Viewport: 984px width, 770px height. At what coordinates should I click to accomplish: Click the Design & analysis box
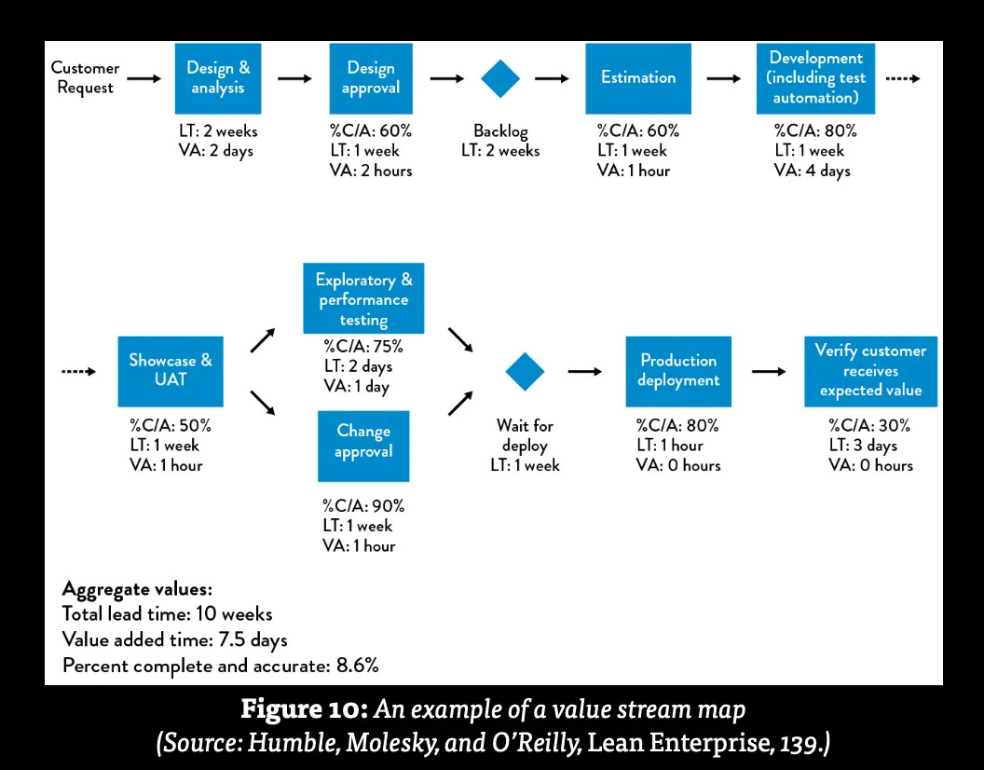pos(218,78)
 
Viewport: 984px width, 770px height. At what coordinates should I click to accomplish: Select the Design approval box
pos(371,78)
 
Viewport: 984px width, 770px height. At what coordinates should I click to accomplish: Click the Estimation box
pos(638,78)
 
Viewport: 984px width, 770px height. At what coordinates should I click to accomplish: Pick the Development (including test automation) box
pos(815,78)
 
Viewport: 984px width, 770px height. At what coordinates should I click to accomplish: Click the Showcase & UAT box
pos(171,371)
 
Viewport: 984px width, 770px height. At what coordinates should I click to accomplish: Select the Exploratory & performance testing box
pos(363,299)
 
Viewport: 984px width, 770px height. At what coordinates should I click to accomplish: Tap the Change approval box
pos(363,442)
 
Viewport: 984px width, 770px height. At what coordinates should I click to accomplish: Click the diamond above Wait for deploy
pos(525,371)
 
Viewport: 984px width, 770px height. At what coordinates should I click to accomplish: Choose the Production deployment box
pos(679,371)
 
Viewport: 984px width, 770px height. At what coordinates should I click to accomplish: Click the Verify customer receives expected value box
pos(870,371)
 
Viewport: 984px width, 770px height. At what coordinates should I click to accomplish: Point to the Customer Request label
pos(85,78)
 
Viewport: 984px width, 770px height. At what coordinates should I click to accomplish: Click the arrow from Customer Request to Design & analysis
pos(143,79)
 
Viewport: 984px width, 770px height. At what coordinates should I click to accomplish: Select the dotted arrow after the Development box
pos(901,79)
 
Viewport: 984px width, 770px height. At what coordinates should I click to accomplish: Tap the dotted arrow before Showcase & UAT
pos(79,372)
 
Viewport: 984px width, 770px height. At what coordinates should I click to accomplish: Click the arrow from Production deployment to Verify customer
pos(769,371)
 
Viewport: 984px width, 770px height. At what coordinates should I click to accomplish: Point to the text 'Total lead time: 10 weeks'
pos(168,614)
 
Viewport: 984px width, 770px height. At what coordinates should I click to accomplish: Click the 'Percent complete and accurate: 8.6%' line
pos(220,665)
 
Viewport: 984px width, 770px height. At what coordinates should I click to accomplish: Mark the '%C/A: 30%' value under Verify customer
pos(869,426)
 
